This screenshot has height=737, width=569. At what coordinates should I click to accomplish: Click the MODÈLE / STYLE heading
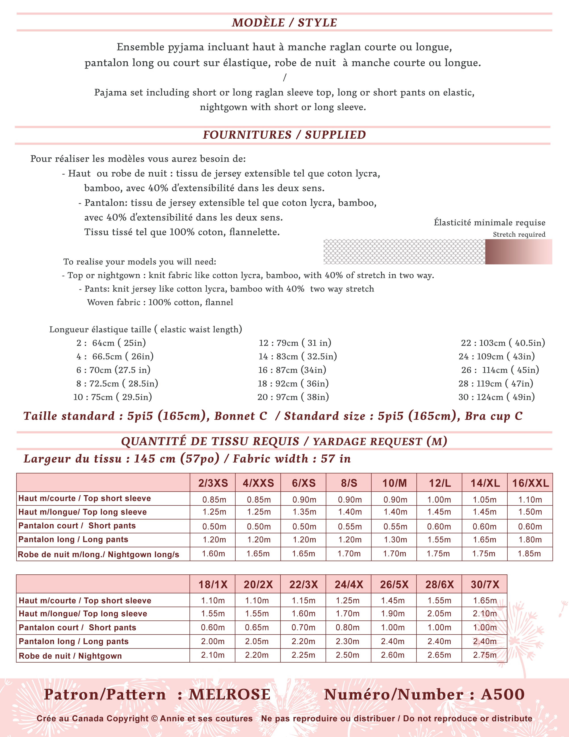tap(284, 23)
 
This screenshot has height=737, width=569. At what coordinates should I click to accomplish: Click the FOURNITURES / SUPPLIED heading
tap(284, 135)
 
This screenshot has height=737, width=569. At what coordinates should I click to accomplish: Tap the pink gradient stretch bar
tap(518, 252)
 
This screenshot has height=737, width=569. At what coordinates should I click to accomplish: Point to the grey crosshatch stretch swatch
tap(404, 252)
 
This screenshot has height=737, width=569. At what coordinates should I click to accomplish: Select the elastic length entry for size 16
tap(292, 370)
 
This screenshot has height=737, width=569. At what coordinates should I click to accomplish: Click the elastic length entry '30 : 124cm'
tap(496, 397)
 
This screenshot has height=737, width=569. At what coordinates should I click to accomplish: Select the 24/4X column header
tap(349, 584)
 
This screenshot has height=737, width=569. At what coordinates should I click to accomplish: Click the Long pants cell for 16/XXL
tap(530, 540)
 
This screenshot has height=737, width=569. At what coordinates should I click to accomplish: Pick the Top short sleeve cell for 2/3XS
tap(214, 499)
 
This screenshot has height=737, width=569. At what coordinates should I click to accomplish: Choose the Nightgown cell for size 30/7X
tap(485, 655)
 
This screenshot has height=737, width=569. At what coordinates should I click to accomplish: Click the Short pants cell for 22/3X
tap(303, 627)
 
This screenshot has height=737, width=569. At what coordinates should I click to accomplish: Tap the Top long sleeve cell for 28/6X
tap(439, 613)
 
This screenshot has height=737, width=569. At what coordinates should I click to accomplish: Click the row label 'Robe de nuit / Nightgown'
tap(70, 656)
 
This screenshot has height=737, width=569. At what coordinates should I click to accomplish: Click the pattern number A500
tap(503, 695)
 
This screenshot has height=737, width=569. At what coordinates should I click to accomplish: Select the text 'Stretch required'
tap(519, 234)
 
